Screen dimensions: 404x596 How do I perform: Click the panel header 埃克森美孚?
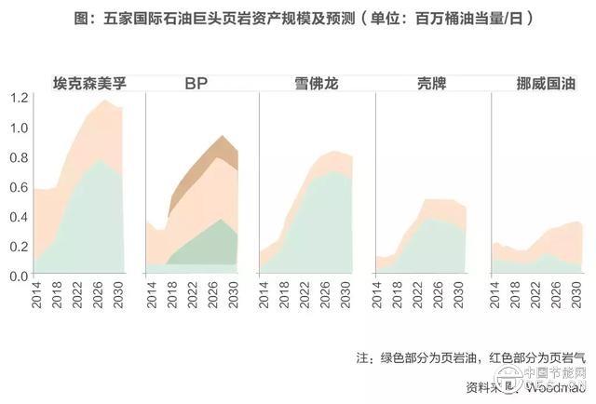pyautogui.click(x=89, y=83)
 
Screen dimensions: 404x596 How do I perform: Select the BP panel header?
pyautogui.click(x=196, y=83)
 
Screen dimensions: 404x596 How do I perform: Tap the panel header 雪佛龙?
pyautogui.click(x=309, y=83)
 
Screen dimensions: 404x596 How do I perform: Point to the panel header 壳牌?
pyautogui.click(x=424, y=83)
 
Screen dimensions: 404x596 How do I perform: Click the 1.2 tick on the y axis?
pyautogui.click(x=17, y=98)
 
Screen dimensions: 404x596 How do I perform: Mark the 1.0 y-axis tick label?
pyautogui.click(x=17, y=128)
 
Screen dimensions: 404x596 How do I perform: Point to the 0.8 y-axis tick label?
pyautogui.click(x=17, y=157)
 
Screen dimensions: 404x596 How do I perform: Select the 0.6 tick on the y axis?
pyautogui.click(x=17, y=187)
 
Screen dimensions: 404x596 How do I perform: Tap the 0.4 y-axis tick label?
pyautogui.click(x=17, y=217)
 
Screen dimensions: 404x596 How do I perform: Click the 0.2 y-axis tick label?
pyautogui.click(x=17, y=247)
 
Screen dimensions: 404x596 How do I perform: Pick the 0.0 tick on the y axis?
pyautogui.click(x=17, y=276)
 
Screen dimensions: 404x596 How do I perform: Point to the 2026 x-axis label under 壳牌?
pyautogui.click(x=442, y=295)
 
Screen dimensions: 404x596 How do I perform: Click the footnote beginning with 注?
pyautogui.click(x=473, y=358)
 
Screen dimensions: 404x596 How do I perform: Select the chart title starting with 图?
pyautogui.click(x=297, y=18)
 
